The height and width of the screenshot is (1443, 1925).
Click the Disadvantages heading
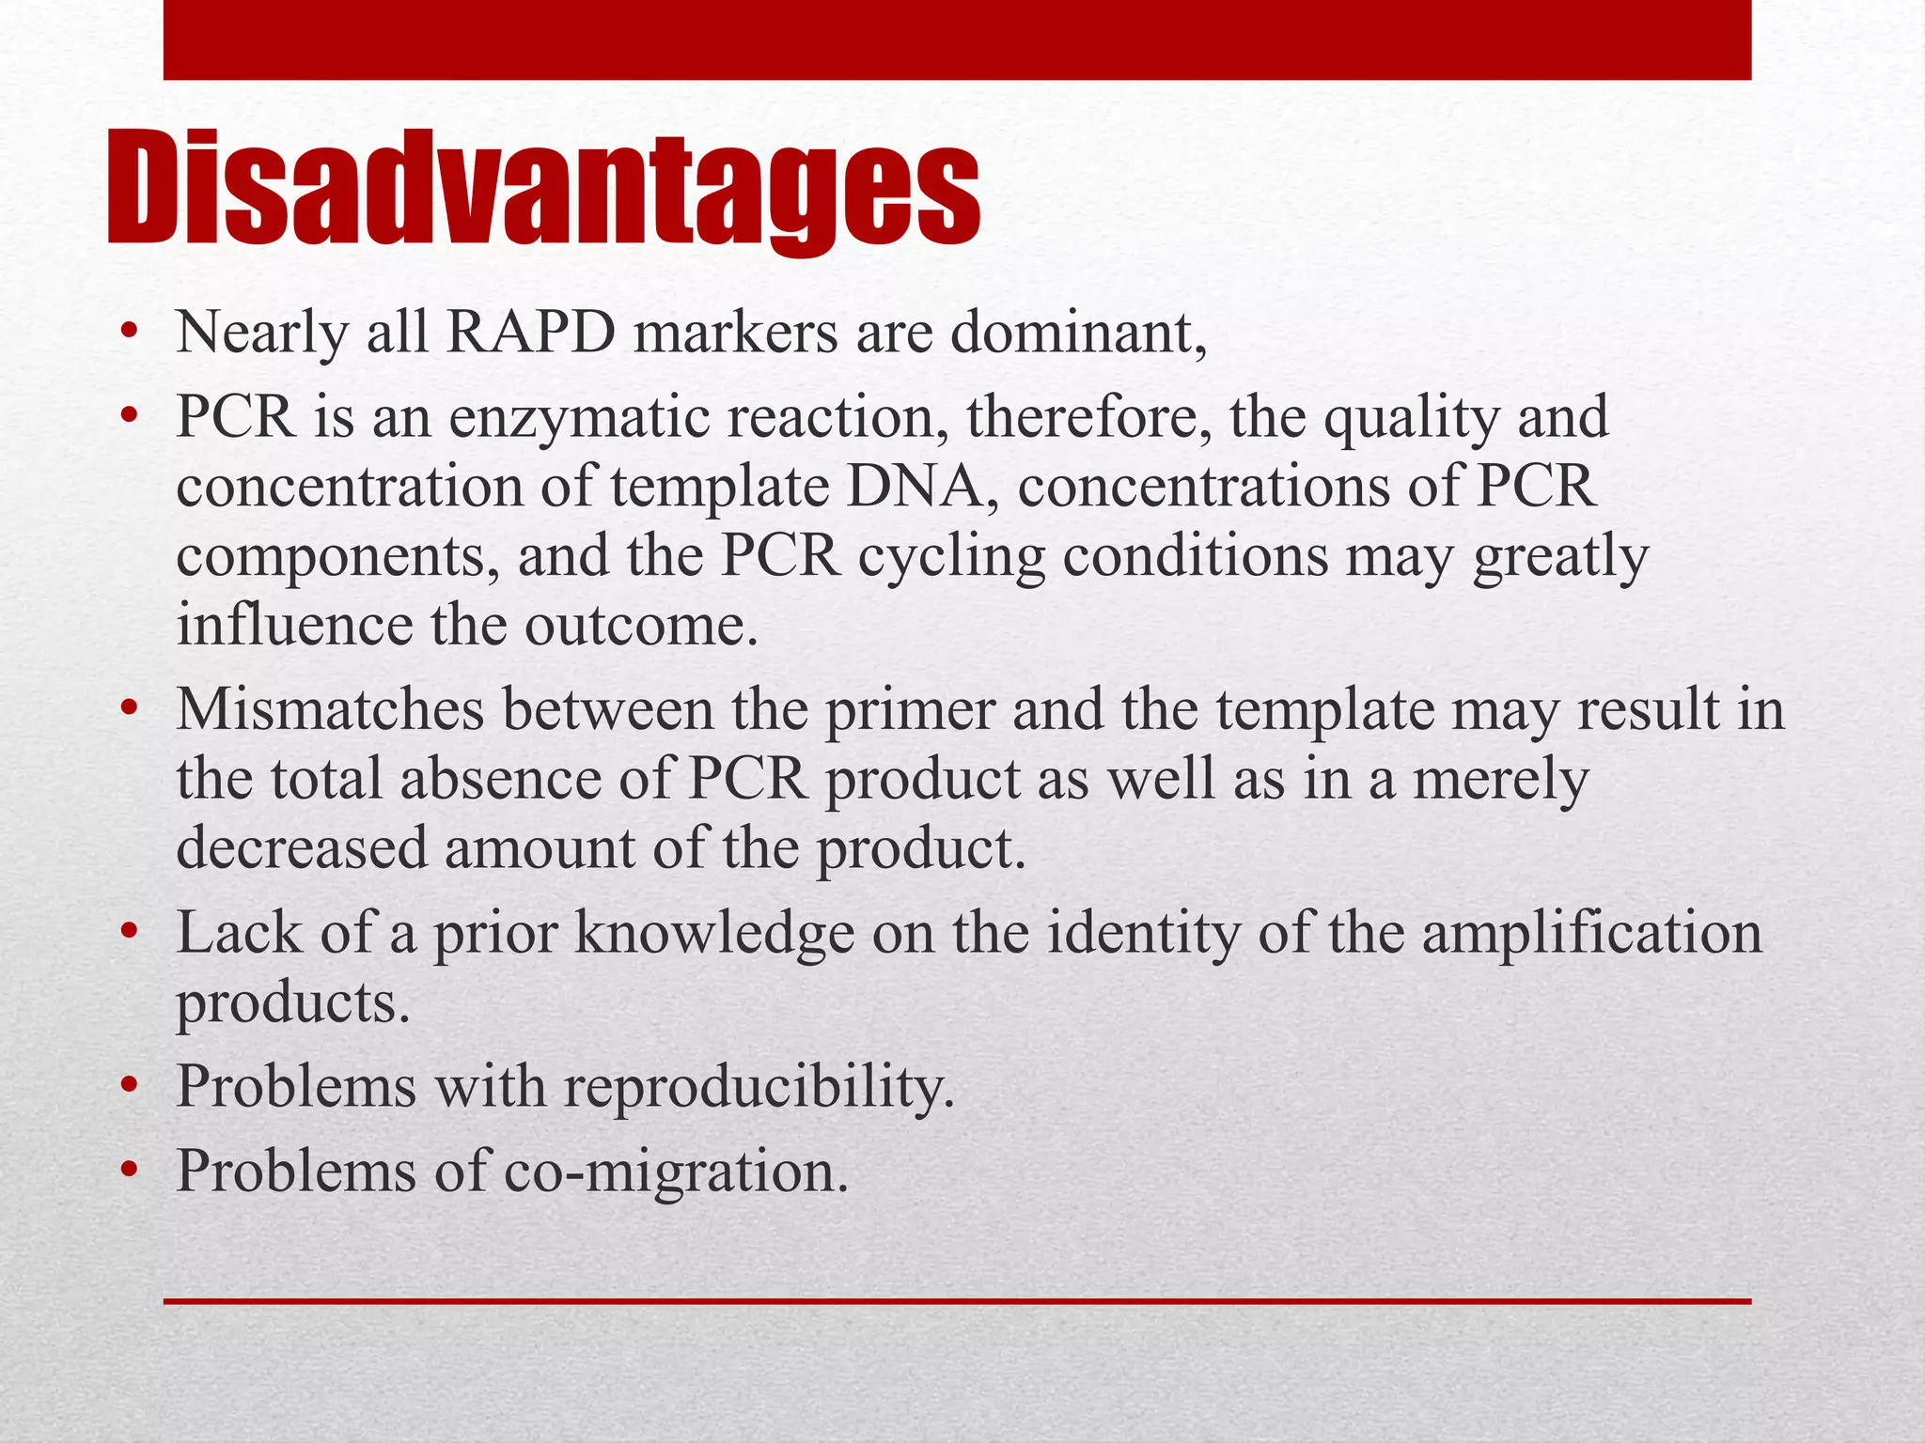[543, 188]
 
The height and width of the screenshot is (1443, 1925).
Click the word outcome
[639, 626]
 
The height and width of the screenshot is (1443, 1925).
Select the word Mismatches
[329, 709]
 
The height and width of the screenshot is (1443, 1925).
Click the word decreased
[301, 848]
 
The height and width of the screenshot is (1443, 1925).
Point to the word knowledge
[714, 934]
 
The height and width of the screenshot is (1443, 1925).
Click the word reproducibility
[758, 1087]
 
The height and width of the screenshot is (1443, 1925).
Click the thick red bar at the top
[957, 39]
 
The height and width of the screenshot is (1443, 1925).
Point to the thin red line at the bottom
[957, 1301]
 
